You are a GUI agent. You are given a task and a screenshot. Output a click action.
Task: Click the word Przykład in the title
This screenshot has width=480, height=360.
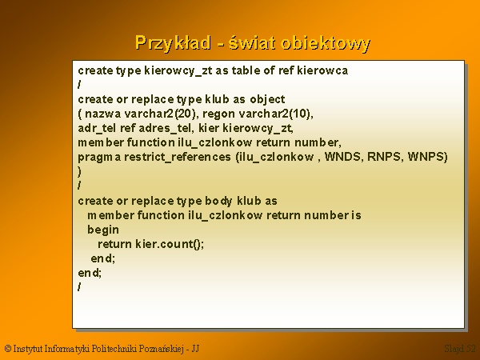tap(173, 43)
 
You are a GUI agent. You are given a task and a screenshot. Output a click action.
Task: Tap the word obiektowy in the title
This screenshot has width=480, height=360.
tap(326, 43)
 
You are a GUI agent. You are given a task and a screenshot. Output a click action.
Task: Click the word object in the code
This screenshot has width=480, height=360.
tap(267, 99)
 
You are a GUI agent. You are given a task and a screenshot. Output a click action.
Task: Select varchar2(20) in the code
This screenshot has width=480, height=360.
tap(160, 114)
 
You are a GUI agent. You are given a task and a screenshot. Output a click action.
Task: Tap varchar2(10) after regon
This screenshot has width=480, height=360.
tap(274, 114)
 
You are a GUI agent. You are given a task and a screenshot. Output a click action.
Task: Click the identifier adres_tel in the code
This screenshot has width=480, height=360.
tap(165, 128)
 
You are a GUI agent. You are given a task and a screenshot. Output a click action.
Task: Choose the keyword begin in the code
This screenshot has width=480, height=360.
tap(103, 230)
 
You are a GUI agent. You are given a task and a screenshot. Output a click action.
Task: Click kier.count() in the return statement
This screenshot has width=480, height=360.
tap(169, 244)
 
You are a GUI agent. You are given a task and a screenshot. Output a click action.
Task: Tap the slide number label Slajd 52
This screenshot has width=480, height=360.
tap(460, 349)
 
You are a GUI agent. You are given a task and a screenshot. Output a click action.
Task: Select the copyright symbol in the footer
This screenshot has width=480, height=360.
tap(8, 349)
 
